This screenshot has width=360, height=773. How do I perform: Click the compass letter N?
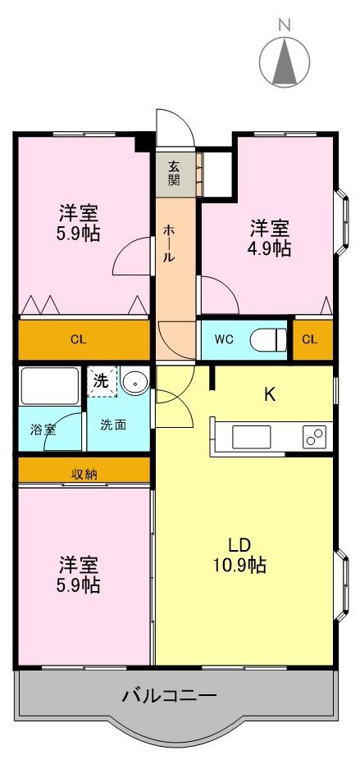coord(284,23)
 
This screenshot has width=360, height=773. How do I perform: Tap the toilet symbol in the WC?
coord(268,339)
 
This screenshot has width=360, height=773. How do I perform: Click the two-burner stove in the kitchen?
coord(315,436)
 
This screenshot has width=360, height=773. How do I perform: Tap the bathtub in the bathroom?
coord(49,385)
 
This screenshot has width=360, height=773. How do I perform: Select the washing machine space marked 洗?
coord(102,381)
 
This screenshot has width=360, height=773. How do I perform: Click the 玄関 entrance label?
coord(173,172)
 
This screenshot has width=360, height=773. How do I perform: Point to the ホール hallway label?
coord(168,243)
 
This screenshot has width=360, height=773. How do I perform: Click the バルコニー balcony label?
coord(169,696)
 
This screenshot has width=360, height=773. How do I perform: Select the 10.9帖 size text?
coord(240,565)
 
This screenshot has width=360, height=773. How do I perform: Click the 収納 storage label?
coord(84,475)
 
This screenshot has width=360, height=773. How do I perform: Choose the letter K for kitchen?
coord(270,394)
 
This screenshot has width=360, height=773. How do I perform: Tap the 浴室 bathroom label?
coord(43,430)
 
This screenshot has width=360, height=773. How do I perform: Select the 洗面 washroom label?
coord(113,425)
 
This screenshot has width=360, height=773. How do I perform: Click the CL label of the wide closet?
coord(78,339)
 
